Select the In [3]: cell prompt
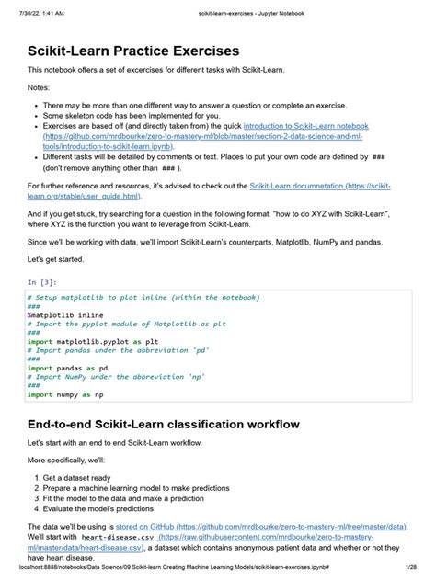point(42,283)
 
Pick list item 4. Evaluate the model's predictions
point(111,508)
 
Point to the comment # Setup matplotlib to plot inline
point(143,298)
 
